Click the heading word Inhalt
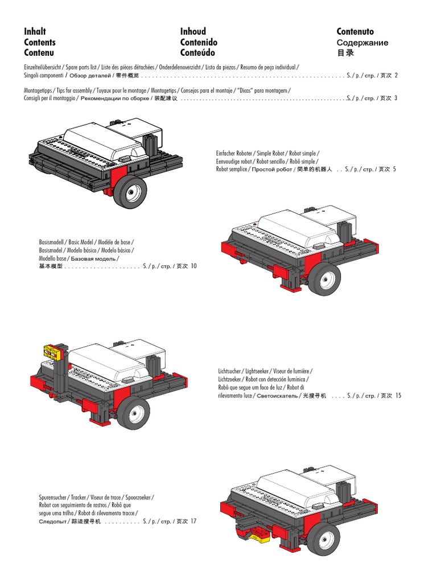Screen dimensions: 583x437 coord(35,31)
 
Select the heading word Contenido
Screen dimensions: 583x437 coord(199,42)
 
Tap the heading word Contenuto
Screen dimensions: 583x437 coord(355,31)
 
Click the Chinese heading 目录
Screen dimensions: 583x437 coord(345,53)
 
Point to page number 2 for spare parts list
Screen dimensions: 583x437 coord(396,75)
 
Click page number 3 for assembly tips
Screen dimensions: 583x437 coord(396,98)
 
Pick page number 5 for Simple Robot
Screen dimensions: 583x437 coord(394,169)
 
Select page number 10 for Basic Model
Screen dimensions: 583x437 coord(193,266)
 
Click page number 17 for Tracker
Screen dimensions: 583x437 coord(193,521)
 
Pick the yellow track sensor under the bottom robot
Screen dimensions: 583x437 coord(260,533)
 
